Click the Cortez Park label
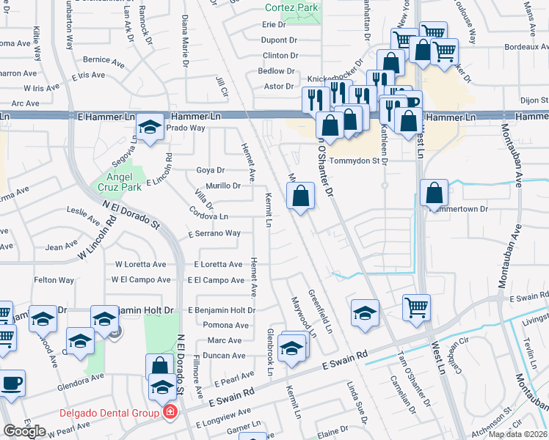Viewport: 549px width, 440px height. (x=292, y=7)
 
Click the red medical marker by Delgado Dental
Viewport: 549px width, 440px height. (x=170, y=413)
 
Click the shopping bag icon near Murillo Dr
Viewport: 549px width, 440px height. (x=300, y=196)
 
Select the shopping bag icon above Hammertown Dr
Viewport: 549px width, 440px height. (x=435, y=193)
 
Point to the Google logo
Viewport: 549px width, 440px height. (x=24, y=431)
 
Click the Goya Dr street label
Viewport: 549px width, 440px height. (x=210, y=170)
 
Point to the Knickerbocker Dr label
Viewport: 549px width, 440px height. (x=335, y=78)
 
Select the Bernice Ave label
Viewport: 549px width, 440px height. (x=96, y=59)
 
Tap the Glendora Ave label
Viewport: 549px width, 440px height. (x=81, y=379)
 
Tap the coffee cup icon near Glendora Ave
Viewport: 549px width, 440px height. (x=12, y=382)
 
